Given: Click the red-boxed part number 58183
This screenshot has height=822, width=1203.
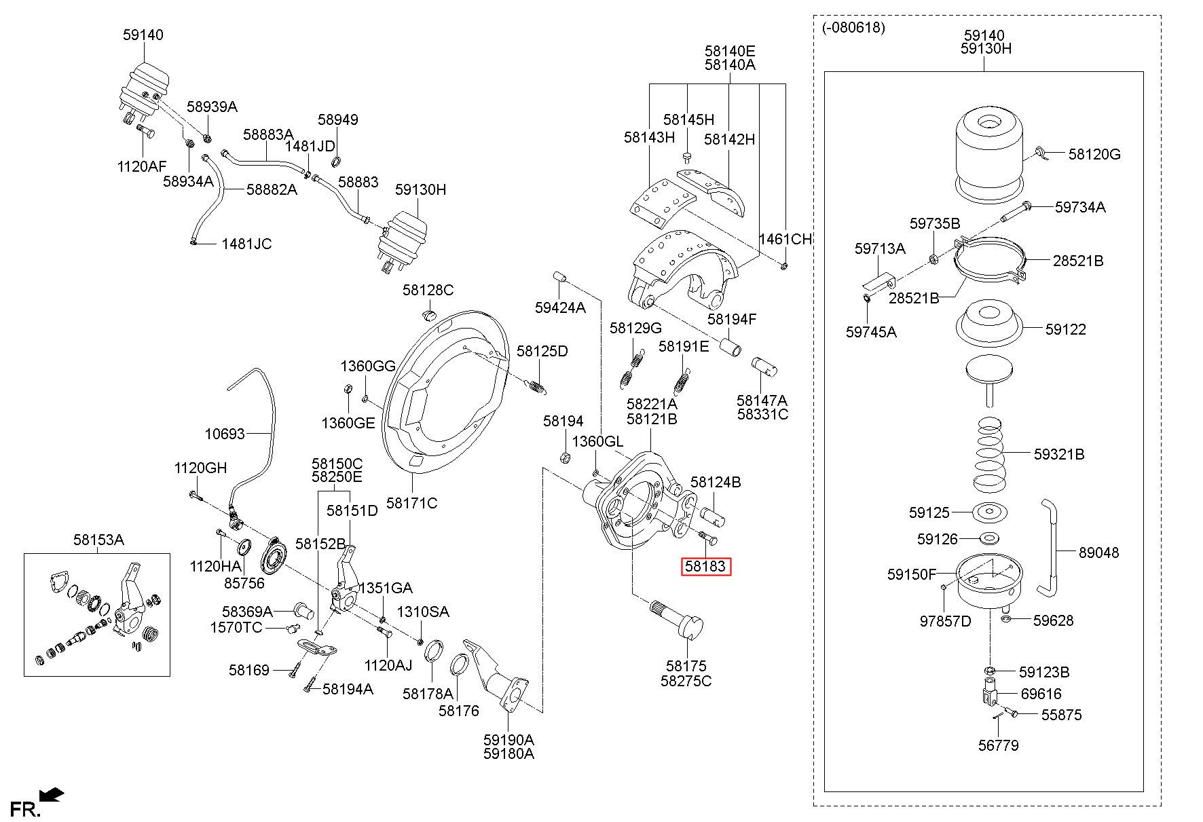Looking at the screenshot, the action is [x=705, y=565].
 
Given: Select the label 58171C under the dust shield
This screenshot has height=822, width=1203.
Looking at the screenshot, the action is [x=411, y=503].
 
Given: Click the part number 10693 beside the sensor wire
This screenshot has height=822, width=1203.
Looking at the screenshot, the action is [x=225, y=433].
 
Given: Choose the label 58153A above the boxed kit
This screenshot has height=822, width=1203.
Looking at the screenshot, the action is [x=98, y=540].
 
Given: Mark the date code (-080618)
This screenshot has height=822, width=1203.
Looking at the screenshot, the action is [x=853, y=27].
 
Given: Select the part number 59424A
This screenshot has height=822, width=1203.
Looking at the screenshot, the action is [x=560, y=307].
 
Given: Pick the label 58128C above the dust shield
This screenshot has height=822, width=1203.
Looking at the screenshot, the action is [x=428, y=290].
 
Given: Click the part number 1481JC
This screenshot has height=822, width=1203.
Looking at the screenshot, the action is [x=246, y=244].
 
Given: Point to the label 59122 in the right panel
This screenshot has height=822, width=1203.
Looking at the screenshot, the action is [x=1066, y=329].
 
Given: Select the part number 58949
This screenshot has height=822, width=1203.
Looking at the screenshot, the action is [x=338, y=119].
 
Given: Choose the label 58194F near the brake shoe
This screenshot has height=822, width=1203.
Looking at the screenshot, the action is [x=732, y=319].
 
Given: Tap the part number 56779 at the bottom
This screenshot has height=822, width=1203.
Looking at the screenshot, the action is [x=999, y=745].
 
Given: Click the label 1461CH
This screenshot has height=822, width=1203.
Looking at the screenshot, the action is [x=785, y=239].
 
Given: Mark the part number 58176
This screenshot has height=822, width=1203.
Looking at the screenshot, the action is [x=459, y=711].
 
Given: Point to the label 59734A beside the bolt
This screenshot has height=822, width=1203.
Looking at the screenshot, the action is [x=1080, y=207].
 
